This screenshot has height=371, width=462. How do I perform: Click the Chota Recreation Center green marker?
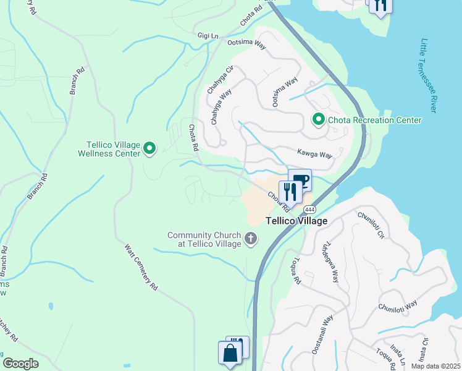coord(319,119)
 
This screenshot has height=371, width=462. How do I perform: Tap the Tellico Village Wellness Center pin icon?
coord(149,148)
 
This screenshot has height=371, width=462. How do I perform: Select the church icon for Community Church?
coord(251,238)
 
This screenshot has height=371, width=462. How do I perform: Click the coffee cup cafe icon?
coord(300,181)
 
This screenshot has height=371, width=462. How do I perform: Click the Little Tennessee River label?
coord(427,75)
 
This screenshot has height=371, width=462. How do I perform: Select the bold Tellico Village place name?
coord(296,220)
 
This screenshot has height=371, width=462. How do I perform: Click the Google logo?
coord(20,363)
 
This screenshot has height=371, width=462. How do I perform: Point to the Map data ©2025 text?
coord(436,366)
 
